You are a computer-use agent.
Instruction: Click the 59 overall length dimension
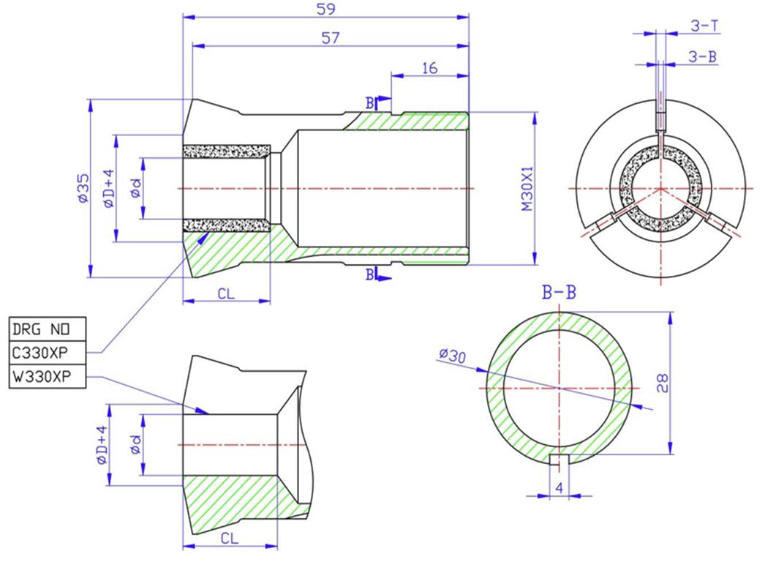pos(325,9)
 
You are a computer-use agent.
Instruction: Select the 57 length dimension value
pos(331,38)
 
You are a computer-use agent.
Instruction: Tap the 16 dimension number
pos(429,68)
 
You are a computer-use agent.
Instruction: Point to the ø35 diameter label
pos(83,187)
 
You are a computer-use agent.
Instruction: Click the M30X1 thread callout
pos(528,188)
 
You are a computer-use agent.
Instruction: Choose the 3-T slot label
pos(704,26)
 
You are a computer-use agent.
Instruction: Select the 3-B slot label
pos(702,57)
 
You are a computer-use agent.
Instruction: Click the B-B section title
pos(560,292)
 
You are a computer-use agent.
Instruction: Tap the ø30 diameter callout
pos(452,355)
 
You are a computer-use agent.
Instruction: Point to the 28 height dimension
pos(662,383)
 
